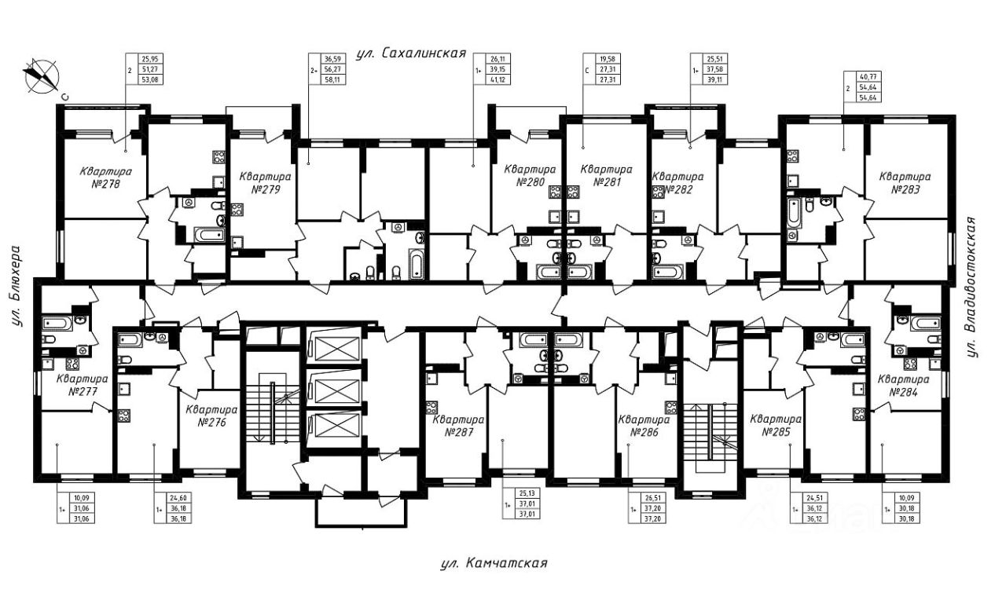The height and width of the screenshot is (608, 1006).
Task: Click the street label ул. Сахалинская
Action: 411,54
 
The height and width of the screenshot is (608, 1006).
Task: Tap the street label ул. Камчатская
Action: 493,564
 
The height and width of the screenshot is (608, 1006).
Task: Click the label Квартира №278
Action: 105,178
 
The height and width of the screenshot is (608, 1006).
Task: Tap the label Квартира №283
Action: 905,183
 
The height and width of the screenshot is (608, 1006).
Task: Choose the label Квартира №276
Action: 211,416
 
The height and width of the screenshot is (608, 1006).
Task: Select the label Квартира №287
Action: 459,425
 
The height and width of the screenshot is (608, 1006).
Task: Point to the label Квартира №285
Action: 776,425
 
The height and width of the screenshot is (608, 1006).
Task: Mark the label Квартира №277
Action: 83,384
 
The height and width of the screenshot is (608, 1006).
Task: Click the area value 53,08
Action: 149,79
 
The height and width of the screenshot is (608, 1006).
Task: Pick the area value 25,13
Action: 527,493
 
